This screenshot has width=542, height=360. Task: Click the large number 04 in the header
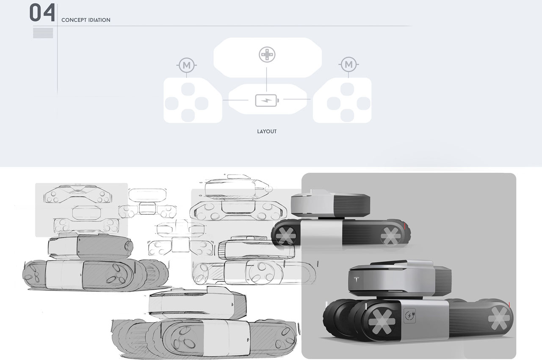click(42, 13)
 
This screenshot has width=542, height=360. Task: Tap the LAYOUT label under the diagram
click(267, 131)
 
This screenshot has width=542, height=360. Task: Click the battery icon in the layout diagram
click(267, 101)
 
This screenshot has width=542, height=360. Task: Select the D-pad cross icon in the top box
click(267, 55)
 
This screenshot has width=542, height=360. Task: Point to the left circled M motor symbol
click(187, 65)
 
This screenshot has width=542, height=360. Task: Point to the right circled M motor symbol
click(348, 65)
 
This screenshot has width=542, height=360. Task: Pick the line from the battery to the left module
click(238, 100)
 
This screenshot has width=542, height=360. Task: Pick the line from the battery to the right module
click(296, 100)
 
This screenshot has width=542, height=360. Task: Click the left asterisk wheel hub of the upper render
click(284, 235)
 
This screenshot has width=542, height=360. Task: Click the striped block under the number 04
click(43, 33)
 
